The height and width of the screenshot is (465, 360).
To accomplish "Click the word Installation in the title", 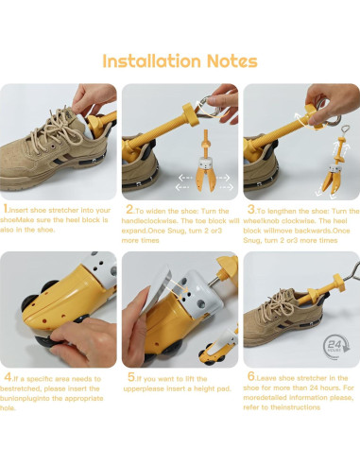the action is [151, 60].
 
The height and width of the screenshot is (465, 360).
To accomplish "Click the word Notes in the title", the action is [232, 61].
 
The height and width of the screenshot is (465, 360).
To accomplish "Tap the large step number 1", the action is [6, 209].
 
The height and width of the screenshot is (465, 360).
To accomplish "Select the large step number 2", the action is [129, 209].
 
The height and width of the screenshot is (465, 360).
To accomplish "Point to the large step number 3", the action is [251, 209].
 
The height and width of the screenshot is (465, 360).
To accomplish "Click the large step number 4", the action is [8, 377].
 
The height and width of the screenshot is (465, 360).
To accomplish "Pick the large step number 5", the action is [131, 377].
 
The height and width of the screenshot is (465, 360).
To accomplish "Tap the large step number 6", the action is [251, 376].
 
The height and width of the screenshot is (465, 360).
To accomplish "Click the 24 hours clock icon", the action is [336, 347].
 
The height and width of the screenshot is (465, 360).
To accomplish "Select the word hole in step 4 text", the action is [6, 408].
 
